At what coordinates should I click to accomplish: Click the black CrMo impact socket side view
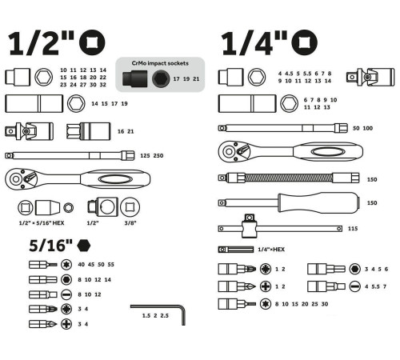pyautogui.click(x=135, y=78)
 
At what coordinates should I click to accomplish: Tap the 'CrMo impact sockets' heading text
pyautogui.click(x=160, y=63)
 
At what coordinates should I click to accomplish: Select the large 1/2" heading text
pyautogui.click(x=41, y=43)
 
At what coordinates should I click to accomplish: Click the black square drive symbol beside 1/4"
pyautogui.click(x=304, y=42)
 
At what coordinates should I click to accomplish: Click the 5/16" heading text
pyautogui.click(x=50, y=246)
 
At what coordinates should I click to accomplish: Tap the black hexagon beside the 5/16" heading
pyautogui.click(x=84, y=246)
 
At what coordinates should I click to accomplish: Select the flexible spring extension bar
pyautogui.click(x=289, y=178)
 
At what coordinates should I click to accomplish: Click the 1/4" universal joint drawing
pyautogui.click(x=370, y=77)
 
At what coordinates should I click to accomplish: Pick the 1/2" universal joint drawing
pyautogui.click(x=29, y=131)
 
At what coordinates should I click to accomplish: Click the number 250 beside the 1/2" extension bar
pyautogui.click(x=158, y=155)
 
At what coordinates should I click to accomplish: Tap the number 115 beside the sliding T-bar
pyautogui.click(x=353, y=229)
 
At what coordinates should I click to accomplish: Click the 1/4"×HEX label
pyautogui.click(x=271, y=250)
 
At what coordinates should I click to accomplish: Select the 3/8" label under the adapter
pyautogui.click(x=130, y=223)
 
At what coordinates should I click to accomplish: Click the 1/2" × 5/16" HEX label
pyautogui.click(x=42, y=223)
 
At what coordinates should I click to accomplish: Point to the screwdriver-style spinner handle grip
pyautogui.click(x=318, y=202)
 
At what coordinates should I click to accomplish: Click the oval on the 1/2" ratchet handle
pyautogui.click(x=114, y=179)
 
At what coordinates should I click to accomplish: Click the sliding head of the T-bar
pyautogui.click(x=250, y=226)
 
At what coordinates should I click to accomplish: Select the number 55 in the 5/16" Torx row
pyautogui.click(x=111, y=265)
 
